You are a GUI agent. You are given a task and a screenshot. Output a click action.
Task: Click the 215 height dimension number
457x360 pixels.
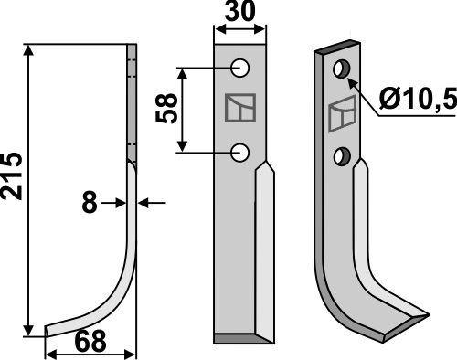tap(12, 176)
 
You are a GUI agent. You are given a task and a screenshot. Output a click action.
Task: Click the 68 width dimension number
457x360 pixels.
tap(90, 341)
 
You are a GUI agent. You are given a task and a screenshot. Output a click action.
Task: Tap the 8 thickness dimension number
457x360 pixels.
tap(90, 203)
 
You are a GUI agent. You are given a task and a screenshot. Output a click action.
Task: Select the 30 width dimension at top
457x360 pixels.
tap(240, 11)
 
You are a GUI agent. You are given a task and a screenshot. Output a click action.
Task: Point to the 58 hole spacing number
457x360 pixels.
tap(166, 108)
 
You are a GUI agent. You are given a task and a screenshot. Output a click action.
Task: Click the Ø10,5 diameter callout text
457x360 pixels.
tap(418, 99)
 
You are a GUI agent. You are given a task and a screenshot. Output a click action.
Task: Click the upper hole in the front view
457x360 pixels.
tap(240, 68)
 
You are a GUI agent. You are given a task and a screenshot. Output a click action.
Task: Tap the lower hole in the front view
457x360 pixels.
tap(240, 153)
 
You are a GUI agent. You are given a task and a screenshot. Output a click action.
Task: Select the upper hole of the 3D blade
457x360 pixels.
tap(342, 69)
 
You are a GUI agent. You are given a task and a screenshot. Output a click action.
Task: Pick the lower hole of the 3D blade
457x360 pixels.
tap(342, 156)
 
